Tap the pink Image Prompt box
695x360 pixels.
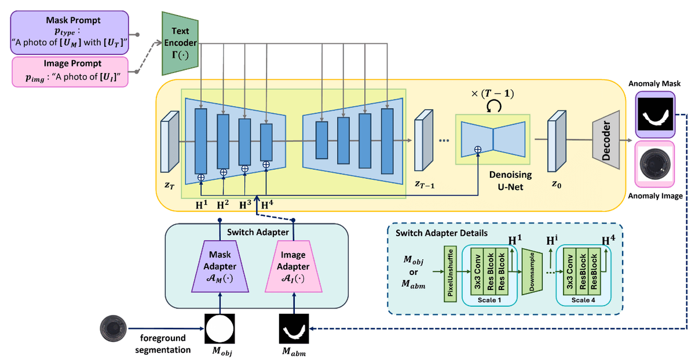tap(69, 72)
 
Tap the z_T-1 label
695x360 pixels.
tap(425, 183)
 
